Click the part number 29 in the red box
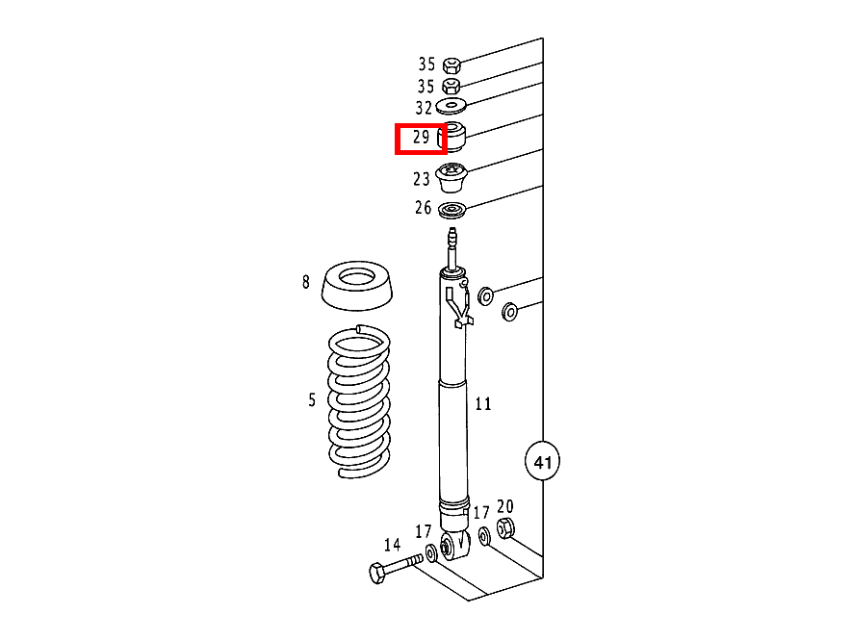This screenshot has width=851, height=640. pyautogui.click(x=421, y=138)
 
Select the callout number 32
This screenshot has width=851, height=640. pyautogui.click(x=425, y=109)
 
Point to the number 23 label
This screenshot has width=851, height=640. pyautogui.click(x=422, y=179)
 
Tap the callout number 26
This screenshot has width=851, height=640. pyautogui.click(x=424, y=208)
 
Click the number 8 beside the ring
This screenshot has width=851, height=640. pyautogui.click(x=306, y=282)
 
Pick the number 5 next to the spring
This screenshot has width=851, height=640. pyautogui.click(x=312, y=399)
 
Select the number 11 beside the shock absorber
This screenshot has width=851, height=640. pyautogui.click(x=483, y=404)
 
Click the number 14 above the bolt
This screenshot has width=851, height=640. pyautogui.click(x=392, y=544)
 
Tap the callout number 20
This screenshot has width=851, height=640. pyautogui.click(x=505, y=507)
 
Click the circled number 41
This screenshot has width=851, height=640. pyautogui.click(x=543, y=463)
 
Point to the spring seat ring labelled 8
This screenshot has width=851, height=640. pyautogui.click(x=357, y=286)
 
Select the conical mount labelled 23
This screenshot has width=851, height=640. pyautogui.click(x=451, y=179)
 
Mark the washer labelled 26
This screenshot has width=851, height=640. pyautogui.click(x=451, y=211)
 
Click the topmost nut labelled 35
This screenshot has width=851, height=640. pyautogui.click(x=451, y=65)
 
